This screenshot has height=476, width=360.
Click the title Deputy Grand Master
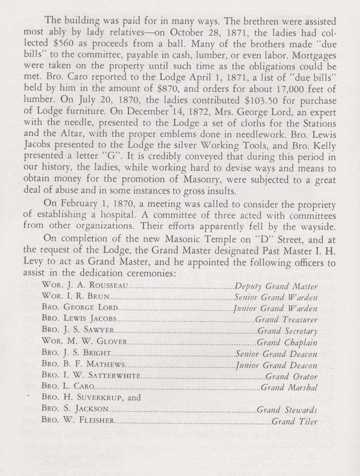click(276, 286)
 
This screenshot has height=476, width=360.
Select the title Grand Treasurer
click(286, 319)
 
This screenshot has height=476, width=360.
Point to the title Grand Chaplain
click(286, 342)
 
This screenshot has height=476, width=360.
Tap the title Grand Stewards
click(286, 410)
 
